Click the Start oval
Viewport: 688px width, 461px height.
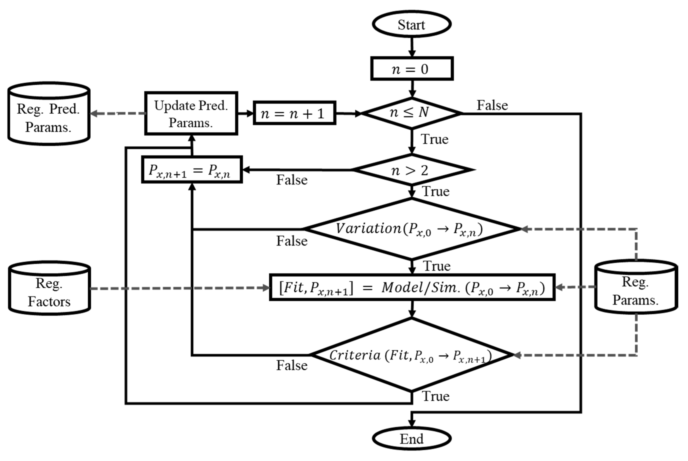point(411,24)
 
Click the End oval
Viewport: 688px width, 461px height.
point(411,439)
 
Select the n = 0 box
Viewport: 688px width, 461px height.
point(411,69)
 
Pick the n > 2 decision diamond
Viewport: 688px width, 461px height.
point(411,170)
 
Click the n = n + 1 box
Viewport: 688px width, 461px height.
point(294,113)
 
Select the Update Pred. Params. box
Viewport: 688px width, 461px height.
point(191,113)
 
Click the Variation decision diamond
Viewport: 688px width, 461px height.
point(411,229)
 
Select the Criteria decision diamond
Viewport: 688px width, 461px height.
point(411,355)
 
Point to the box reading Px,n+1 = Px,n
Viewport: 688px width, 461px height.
point(192,170)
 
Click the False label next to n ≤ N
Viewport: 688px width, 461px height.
point(492,105)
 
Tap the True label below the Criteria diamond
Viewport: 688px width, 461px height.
point(436,396)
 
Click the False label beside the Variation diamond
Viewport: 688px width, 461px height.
point(292,241)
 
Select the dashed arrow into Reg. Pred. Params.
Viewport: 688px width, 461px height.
point(118,113)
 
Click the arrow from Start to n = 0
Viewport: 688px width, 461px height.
point(412,47)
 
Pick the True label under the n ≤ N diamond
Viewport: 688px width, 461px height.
point(434,139)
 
